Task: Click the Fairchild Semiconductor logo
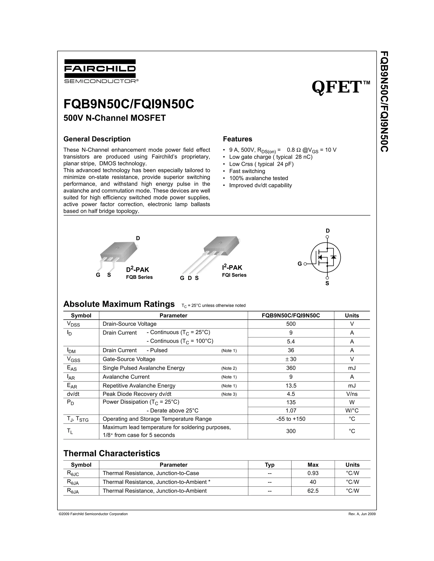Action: coord(100,71)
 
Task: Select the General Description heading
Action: coord(97,139)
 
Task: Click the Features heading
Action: coord(237,139)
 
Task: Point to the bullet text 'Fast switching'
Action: coord(247,171)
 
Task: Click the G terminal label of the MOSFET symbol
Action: coord(299,264)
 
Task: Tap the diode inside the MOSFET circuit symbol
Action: coord(334,257)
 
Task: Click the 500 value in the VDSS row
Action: coord(291,324)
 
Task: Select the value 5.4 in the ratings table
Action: coord(291,341)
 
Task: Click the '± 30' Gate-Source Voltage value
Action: coord(291,359)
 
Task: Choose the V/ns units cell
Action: coord(352,394)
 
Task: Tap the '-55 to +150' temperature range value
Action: coord(291,419)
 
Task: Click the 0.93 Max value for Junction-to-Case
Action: coord(313,473)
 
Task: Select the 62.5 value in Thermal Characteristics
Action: coord(313,491)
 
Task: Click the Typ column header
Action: coord(270,465)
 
